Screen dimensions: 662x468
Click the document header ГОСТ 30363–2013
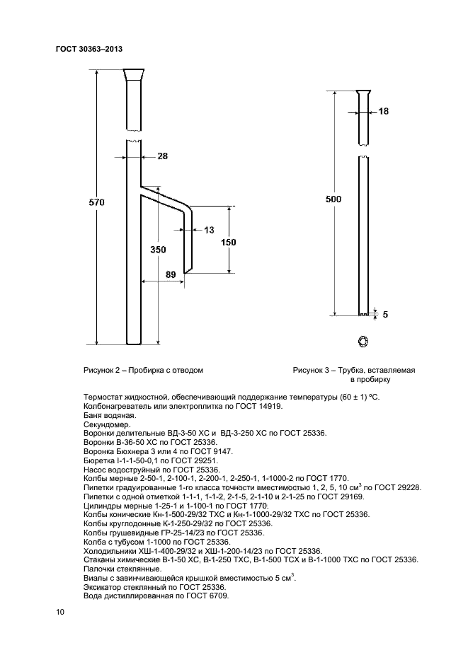(89, 48)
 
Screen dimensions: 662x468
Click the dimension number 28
(162, 156)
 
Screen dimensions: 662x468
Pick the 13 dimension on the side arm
(208, 230)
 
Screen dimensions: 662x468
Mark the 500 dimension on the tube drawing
(333, 199)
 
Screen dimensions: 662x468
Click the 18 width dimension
(384, 112)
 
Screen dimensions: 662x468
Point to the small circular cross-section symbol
(363, 342)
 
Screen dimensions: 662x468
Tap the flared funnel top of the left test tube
(133, 74)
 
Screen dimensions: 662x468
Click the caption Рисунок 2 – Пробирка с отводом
(143, 370)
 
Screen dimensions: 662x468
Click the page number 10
(59, 612)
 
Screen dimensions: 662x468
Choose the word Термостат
(104, 397)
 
